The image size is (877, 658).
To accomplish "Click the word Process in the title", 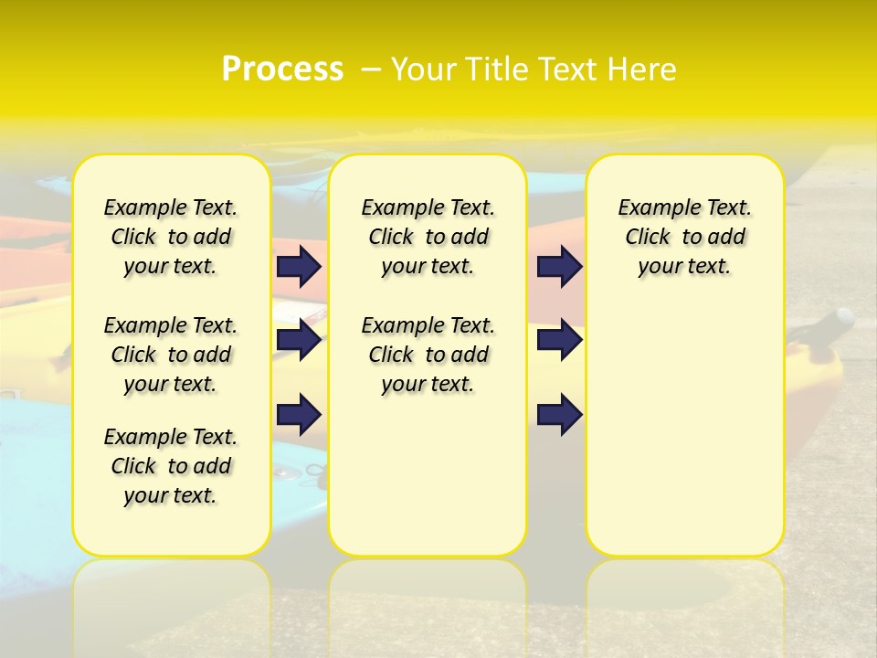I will tap(282, 69).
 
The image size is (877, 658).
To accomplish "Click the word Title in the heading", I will tap(497, 69).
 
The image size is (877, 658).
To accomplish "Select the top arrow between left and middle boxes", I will tap(299, 266).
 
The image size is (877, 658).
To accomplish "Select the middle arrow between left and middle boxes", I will tap(299, 341).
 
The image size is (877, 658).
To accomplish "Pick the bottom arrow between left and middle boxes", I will tap(299, 414).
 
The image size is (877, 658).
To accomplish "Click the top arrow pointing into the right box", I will tap(559, 266).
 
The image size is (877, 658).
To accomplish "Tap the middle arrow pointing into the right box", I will tap(559, 341).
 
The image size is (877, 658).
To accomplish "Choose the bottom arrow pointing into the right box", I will tap(559, 414).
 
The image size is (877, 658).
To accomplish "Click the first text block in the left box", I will tap(171, 237).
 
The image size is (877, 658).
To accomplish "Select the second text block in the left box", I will tap(171, 355).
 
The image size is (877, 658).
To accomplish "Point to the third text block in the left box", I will tap(171, 466).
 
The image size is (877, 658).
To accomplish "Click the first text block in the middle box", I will tap(428, 237).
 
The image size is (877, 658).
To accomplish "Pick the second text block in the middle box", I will tap(428, 355).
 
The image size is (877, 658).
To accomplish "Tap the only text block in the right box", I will tap(684, 237).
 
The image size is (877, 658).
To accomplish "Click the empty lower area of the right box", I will tap(684, 430).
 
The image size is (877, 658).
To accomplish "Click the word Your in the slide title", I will tap(424, 69).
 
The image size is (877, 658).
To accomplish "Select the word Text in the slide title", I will tap(570, 69).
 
